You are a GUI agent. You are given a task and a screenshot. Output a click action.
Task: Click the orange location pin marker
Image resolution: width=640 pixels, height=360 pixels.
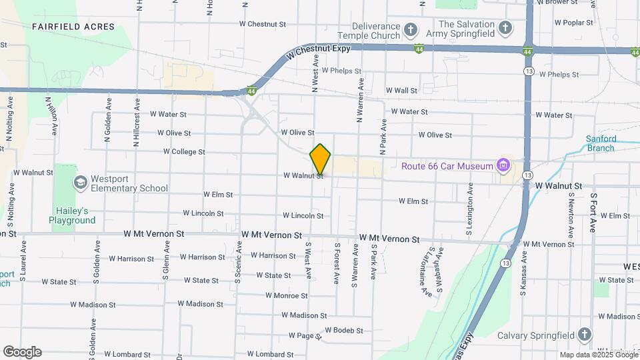pyautogui.click(x=320, y=159)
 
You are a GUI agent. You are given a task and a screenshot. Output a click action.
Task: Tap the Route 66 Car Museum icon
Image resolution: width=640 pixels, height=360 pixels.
pyautogui.click(x=503, y=165)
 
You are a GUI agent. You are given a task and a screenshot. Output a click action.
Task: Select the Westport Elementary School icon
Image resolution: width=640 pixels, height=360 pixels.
pyautogui.click(x=81, y=183)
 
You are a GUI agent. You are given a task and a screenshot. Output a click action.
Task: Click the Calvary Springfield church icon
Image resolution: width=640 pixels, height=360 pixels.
pyautogui.click(x=585, y=334)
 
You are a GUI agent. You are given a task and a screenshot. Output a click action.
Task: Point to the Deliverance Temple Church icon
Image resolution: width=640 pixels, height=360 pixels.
pyautogui.click(x=411, y=30)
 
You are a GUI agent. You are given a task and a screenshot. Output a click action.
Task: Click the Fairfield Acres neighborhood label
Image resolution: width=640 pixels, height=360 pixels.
pyautogui.click(x=73, y=27)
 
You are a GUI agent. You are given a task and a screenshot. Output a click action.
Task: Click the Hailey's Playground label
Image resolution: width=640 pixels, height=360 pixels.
pyautogui.click(x=71, y=215)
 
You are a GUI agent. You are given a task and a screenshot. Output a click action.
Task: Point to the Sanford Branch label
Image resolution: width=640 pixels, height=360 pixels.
pyautogui.click(x=601, y=143)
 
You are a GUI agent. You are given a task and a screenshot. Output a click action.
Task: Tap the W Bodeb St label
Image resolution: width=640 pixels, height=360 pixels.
pyautogui.click(x=345, y=330)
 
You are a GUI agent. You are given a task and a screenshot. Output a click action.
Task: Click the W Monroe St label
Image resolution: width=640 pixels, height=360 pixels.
pyautogui.click(x=286, y=295)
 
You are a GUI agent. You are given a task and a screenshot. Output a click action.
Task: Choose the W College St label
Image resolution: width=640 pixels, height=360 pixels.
pyautogui.click(x=183, y=152)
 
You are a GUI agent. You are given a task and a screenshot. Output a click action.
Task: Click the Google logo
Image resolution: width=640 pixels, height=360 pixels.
pyautogui.click(x=22, y=352)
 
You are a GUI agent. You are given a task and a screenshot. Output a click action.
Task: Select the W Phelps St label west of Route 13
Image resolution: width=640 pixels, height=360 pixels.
pyautogui.click(x=341, y=71)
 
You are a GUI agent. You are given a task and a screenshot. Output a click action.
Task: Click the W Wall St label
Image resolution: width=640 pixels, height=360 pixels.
pyautogui.click(x=401, y=91)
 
